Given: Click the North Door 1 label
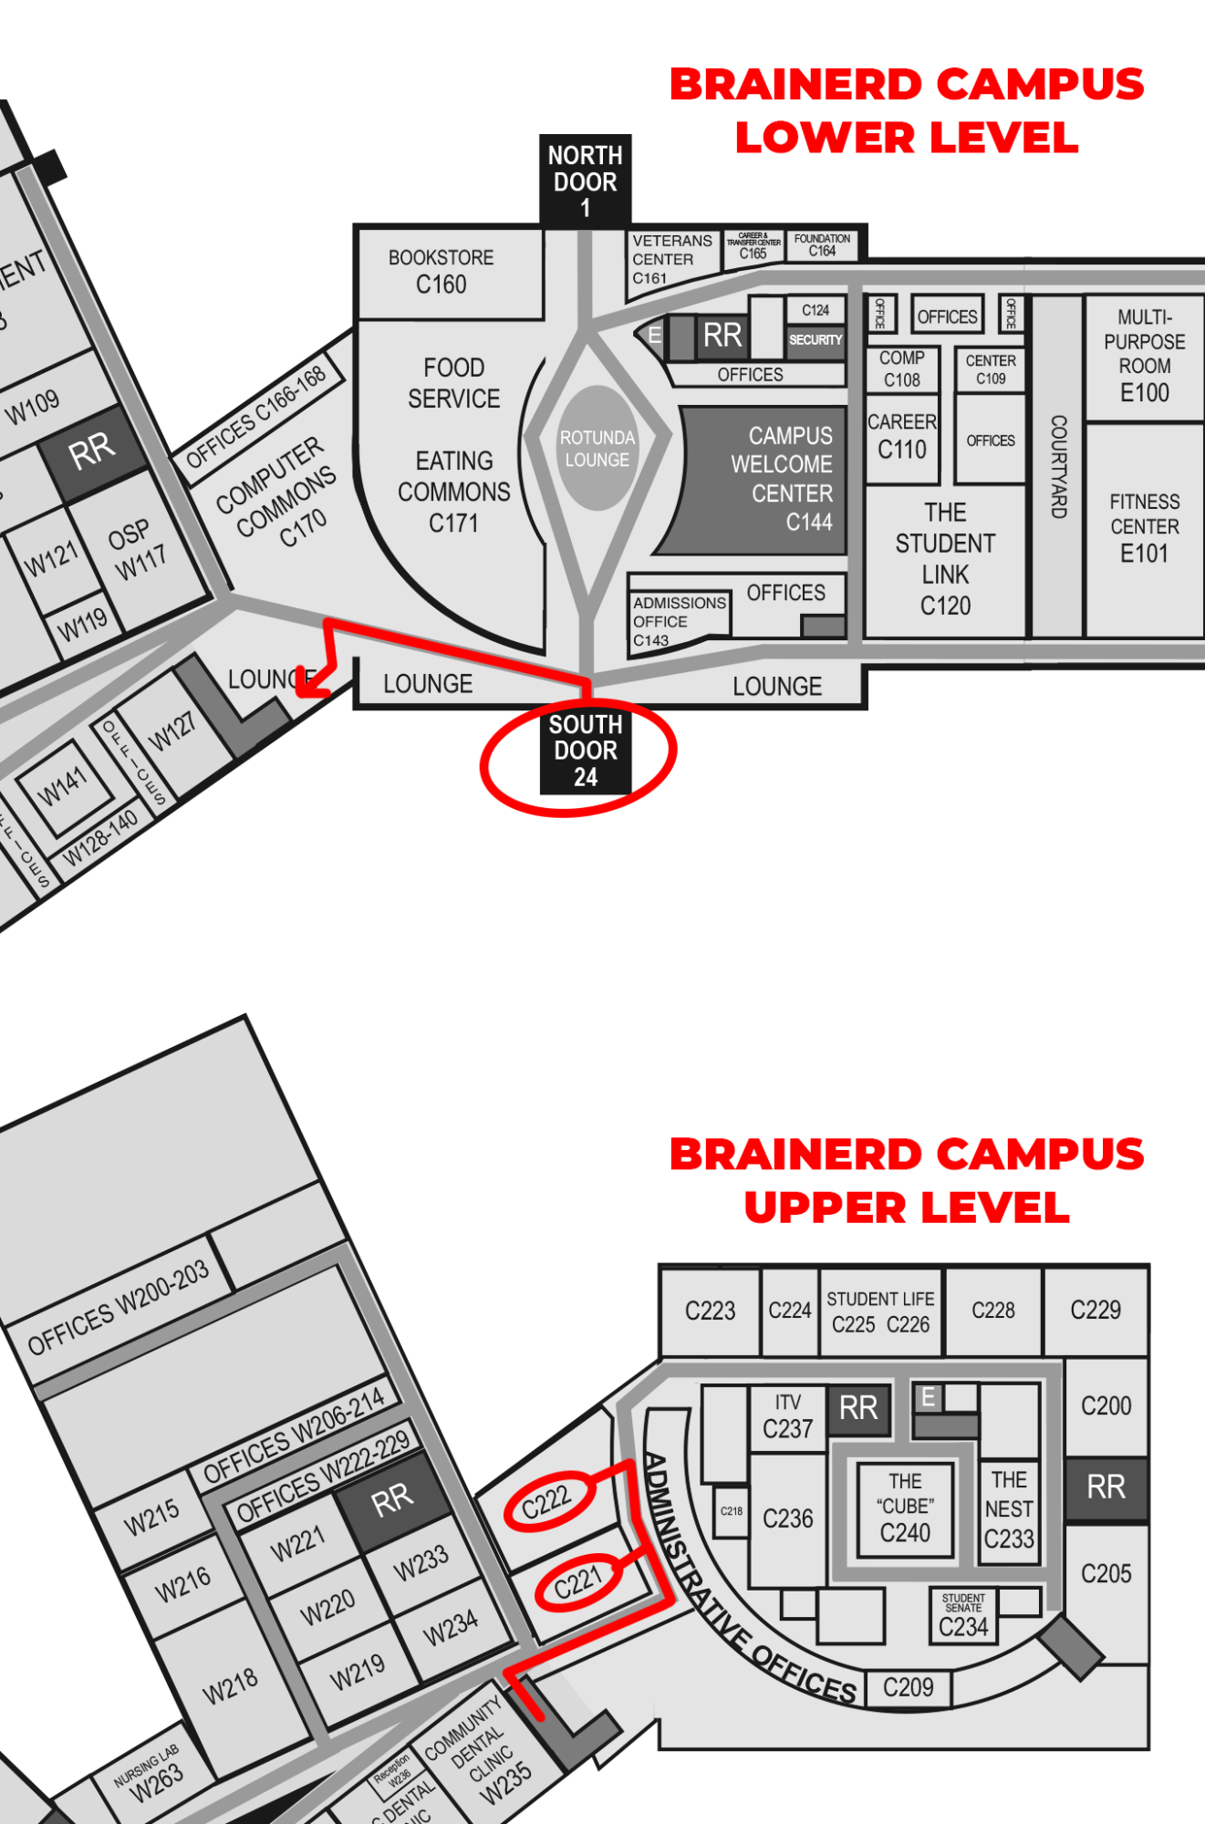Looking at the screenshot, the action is click(585, 181).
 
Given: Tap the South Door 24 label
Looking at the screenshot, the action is click(585, 751).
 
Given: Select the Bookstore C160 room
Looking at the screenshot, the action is click(441, 272).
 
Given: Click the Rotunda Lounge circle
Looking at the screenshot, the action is click(597, 448).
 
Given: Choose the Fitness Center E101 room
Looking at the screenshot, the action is click(1144, 527).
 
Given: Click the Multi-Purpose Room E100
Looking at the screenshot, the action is click(1144, 356).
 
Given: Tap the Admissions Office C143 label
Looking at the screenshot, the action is click(679, 620).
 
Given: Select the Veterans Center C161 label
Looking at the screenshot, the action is click(671, 259).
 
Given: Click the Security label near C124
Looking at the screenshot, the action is click(815, 340).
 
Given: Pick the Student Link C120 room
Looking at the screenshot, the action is click(945, 558).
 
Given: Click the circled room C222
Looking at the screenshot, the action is click(546, 1501).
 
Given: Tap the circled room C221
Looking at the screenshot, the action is click(578, 1583).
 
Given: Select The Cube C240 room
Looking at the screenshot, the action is click(905, 1507).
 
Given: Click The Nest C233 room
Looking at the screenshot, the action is click(1009, 1509).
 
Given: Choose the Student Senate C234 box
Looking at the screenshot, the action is click(963, 1616).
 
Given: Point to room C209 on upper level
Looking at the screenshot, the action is click(908, 1688).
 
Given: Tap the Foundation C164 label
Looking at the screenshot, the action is click(822, 244).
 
